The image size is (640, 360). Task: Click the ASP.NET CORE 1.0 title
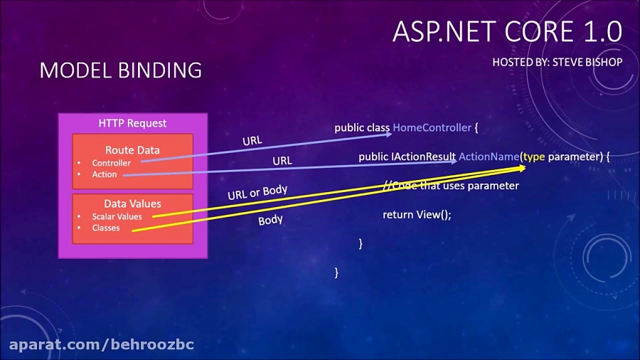coord(507,32)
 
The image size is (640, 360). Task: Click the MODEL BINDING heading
coord(121,70)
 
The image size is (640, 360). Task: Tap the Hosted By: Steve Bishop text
coord(557,62)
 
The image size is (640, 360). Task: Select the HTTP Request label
coord(132,123)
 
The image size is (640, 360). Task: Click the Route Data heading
coord(132,150)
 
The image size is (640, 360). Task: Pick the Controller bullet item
coord(111,163)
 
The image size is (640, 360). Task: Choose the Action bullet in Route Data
coord(105,174)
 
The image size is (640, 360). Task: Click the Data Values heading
coord(132,203)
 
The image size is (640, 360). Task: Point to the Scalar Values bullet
coord(117,216)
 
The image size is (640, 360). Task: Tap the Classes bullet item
coord(106,228)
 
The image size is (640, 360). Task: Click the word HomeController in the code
coord(432,127)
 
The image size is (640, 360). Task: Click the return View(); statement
coord(417,214)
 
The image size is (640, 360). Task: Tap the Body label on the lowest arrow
coord(270,220)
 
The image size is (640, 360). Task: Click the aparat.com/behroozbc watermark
coord(101,345)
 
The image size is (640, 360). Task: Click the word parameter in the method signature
coord(575,156)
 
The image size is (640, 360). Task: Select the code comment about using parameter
coord(451,186)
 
